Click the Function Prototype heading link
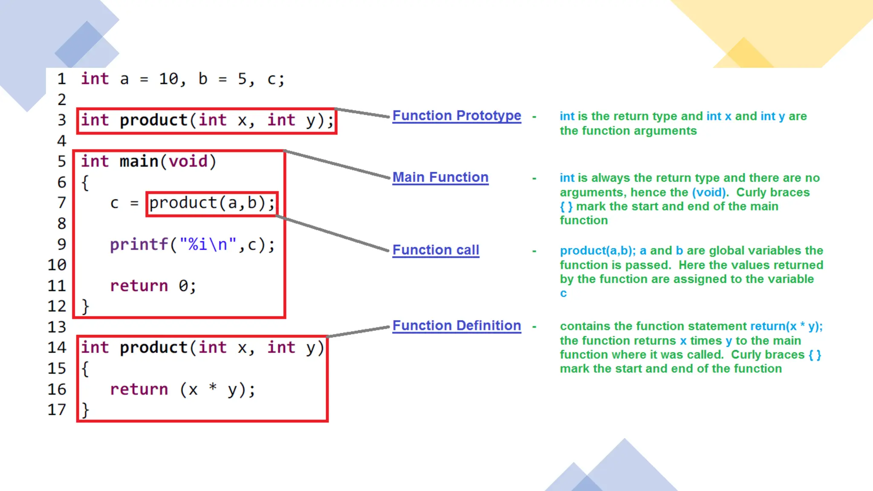click(x=457, y=116)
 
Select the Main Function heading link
click(x=440, y=177)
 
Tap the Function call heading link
click(x=436, y=250)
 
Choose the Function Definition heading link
click(x=457, y=326)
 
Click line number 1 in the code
click(x=62, y=79)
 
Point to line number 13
click(x=57, y=327)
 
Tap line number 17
click(x=57, y=410)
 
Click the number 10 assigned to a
click(x=169, y=79)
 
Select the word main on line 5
click(x=139, y=162)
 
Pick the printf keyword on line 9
click(x=139, y=245)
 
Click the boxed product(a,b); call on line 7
click(x=212, y=203)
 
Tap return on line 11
click(x=139, y=286)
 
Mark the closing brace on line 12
click(x=85, y=306)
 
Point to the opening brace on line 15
click(x=85, y=369)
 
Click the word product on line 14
click(x=153, y=348)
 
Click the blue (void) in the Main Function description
click(x=709, y=193)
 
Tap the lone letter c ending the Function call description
click(x=563, y=294)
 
